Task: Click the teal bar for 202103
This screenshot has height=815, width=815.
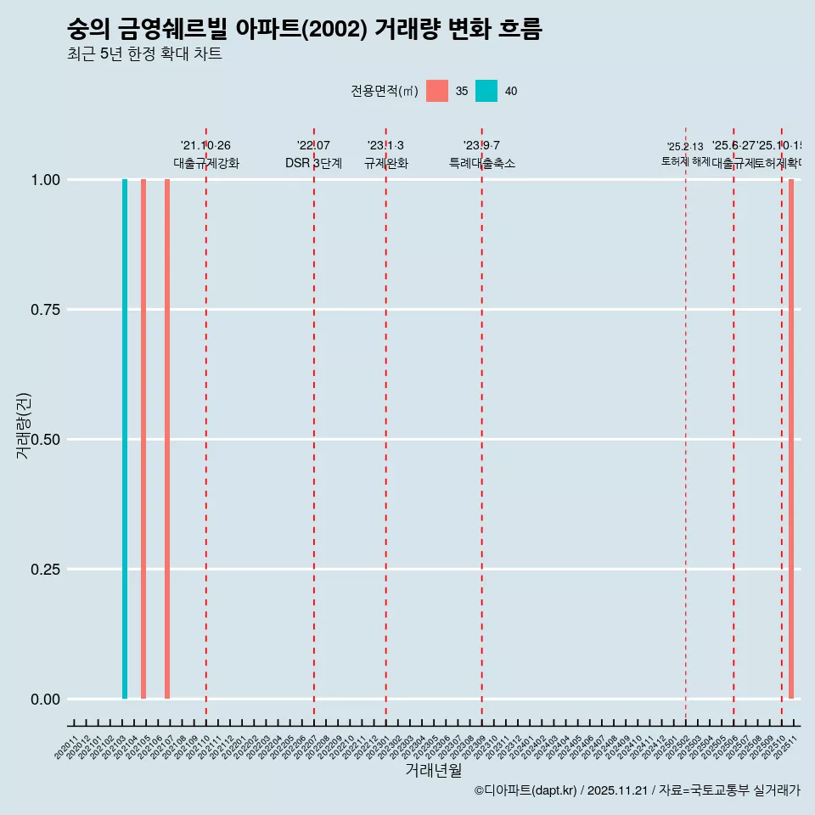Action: pos(125,439)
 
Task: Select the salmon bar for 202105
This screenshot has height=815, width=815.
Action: pos(143,439)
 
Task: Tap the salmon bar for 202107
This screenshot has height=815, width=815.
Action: pos(167,439)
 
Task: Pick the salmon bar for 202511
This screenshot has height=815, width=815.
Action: pos(791,439)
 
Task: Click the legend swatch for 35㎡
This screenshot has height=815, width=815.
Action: pos(437,91)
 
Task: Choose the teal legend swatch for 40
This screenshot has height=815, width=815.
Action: pos(486,91)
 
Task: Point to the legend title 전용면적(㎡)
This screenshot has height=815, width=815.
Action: pos(385,91)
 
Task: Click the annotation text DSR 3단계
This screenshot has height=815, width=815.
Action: pos(313,163)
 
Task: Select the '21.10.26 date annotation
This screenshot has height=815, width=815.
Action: pos(205,145)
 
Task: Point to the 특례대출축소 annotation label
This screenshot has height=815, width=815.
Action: pos(482,163)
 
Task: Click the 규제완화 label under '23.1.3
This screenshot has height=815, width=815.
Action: pos(386,163)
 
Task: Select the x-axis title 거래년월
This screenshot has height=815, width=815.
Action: pos(433,771)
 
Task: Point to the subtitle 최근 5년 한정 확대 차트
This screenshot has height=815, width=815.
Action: pos(144,54)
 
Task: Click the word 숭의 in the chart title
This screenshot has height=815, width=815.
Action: pos(89,30)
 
